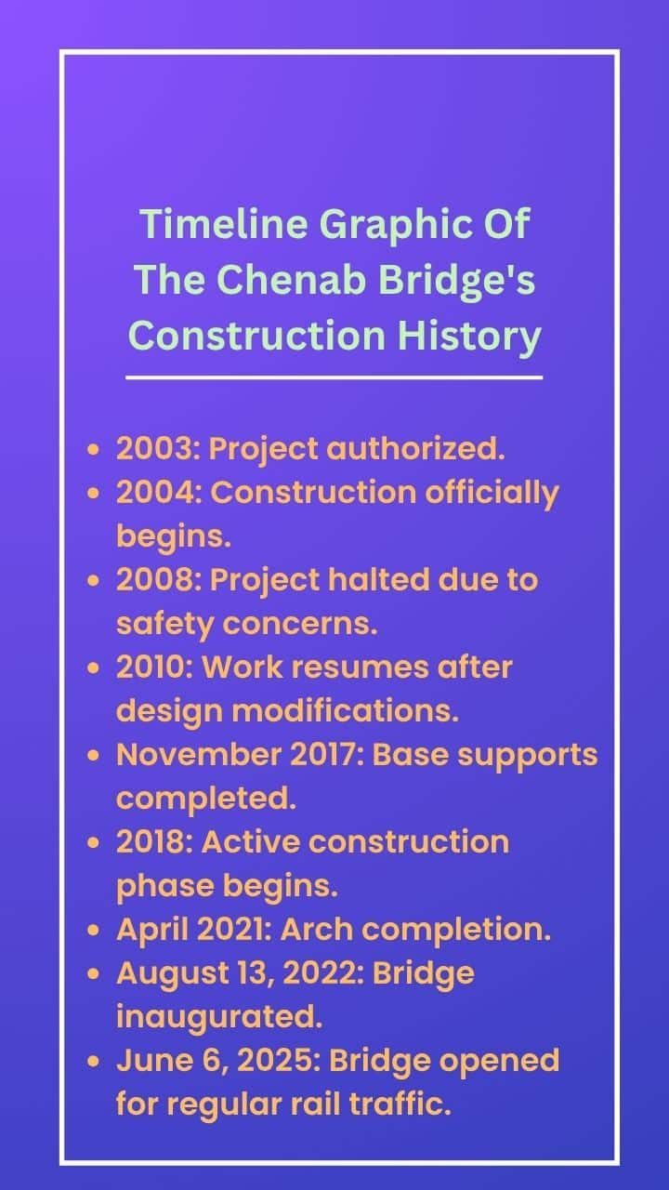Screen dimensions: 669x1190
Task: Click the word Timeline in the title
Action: pyautogui.click(x=224, y=224)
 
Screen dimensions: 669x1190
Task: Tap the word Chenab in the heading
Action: pyautogui.click(x=292, y=280)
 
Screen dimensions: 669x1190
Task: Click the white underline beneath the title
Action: pyautogui.click(x=334, y=377)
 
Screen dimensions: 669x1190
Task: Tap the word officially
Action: pyautogui.click(x=492, y=494)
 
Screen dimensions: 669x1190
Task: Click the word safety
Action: pyautogui.click(x=164, y=625)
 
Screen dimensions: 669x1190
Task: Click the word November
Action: pyautogui.click(x=199, y=755)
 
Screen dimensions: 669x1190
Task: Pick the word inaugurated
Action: pyautogui.click(x=219, y=1018)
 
